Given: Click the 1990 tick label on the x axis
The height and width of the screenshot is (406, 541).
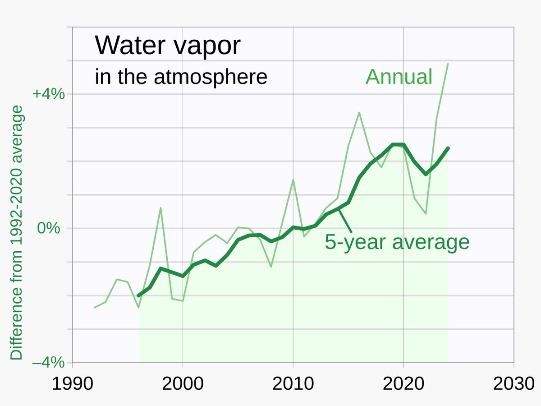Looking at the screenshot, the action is (72, 384).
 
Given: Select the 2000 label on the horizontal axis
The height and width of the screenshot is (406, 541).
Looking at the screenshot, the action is (183, 384).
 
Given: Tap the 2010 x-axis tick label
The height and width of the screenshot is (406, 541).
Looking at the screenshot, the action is (293, 384).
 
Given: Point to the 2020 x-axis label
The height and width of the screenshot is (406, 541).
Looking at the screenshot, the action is (403, 384).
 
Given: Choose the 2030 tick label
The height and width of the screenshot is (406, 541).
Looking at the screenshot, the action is (514, 384).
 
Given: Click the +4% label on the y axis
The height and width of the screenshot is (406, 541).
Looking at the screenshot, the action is (49, 94).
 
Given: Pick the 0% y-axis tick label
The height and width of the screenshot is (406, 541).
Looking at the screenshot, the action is (49, 228).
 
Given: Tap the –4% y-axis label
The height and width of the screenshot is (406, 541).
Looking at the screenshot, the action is (49, 362).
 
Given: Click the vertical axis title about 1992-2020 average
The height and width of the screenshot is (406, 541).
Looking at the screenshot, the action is (16, 232).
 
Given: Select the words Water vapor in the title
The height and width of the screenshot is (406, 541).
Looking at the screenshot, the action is (167, 46).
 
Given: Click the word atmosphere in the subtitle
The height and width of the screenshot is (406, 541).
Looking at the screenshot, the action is (211, 77).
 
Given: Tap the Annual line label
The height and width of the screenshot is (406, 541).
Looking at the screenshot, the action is (399, 77).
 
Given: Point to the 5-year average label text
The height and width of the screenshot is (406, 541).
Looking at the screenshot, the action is (397, 242).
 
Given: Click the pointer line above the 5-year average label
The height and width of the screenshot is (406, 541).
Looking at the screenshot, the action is (345, 221).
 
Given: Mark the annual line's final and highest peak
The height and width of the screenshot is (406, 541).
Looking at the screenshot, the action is (448, 64).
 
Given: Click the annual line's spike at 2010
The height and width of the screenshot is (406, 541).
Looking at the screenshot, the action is (293, 180).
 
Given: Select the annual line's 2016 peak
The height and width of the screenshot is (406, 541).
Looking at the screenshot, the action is (359, 113).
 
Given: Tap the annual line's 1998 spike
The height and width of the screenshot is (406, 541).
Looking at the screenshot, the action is (160, 208).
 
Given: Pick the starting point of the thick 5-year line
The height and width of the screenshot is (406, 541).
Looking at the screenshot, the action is (138, 295).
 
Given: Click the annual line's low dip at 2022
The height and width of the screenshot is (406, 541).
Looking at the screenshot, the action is (426, 213).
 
